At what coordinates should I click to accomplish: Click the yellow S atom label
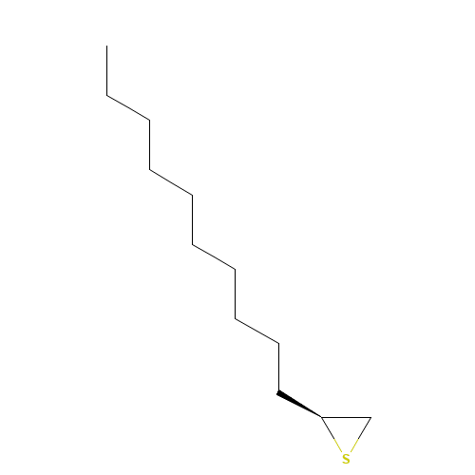tap(346, 459)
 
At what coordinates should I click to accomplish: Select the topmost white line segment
tap(128, 107)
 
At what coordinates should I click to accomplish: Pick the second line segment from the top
tap(171, 181)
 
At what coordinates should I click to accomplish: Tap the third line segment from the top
tap(214, 256)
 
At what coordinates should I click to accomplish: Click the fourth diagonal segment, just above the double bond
tap(256, 331)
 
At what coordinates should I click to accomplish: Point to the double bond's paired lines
tap(298, 403)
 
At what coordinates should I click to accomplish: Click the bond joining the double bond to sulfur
tap(331, 434)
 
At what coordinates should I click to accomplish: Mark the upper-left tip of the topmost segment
tap(108, 96)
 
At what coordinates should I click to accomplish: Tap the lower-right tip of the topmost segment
tap(148, 119)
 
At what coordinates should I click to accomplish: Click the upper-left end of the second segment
tap(151, 170)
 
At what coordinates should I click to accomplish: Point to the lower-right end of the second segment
tap(191, 194)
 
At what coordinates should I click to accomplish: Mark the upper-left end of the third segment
tap(194, 244)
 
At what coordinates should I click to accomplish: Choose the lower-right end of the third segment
tap(234, 269)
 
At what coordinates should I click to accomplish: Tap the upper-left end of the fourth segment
tap(237, 319)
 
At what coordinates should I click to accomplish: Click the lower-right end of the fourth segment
tap(277, 343)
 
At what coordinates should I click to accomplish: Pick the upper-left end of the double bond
tap(278, 390)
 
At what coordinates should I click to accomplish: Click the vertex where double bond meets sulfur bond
tap(320, 416)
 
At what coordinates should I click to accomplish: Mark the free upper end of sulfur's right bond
tap(370, 419)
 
